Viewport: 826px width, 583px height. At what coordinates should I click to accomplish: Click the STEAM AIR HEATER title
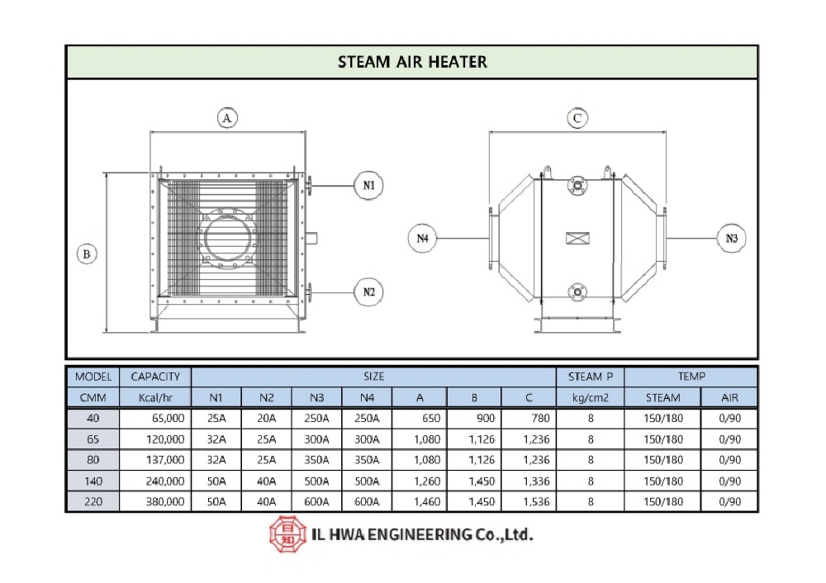point(412,62)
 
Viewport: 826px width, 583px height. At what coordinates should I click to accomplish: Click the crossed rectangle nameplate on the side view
point(577,238)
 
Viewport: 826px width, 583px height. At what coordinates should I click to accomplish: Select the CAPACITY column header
point(155,377)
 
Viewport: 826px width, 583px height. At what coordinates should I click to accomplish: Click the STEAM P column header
point(591,377)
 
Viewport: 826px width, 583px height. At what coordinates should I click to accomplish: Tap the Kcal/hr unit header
point(155,398)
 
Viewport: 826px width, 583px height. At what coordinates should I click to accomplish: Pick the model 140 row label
point(93,481)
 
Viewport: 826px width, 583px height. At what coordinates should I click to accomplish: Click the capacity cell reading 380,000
point(165,502)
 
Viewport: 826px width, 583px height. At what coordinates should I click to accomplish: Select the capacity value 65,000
point(168,418)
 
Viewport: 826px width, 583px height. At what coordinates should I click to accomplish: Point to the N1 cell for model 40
point(216,418)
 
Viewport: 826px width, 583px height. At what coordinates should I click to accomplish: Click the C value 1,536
point(536,502)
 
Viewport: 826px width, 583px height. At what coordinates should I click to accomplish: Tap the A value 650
point(431,418)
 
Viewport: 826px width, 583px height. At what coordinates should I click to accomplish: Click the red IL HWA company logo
point(287,534)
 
